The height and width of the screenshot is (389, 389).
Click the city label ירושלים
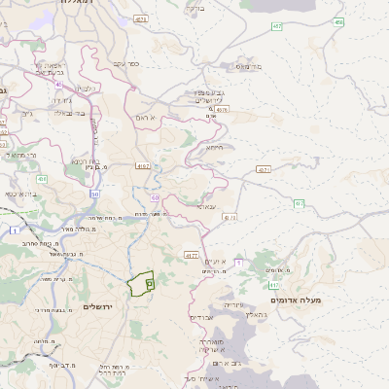(x=99, y=306)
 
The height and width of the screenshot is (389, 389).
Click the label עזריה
(x=233, y=304)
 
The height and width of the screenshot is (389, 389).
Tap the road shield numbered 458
(x=337, y=21)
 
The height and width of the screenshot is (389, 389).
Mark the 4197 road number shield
(x=191, y=255)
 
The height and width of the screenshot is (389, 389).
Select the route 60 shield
(x=155, y=198)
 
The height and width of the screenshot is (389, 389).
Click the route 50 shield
(x=95, y=194)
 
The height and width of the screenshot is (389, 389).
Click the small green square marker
(x=150, y=283)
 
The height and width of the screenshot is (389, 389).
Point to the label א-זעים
(x=216, y=262)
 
